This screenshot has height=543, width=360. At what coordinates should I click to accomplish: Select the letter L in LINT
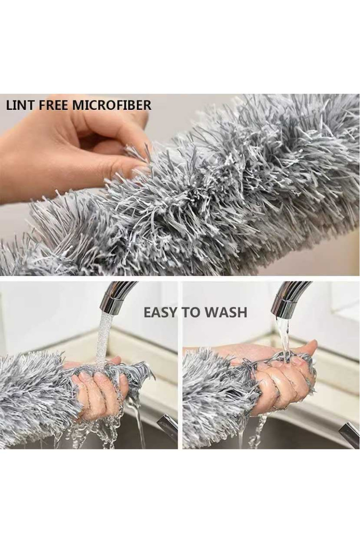coord(9,106)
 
